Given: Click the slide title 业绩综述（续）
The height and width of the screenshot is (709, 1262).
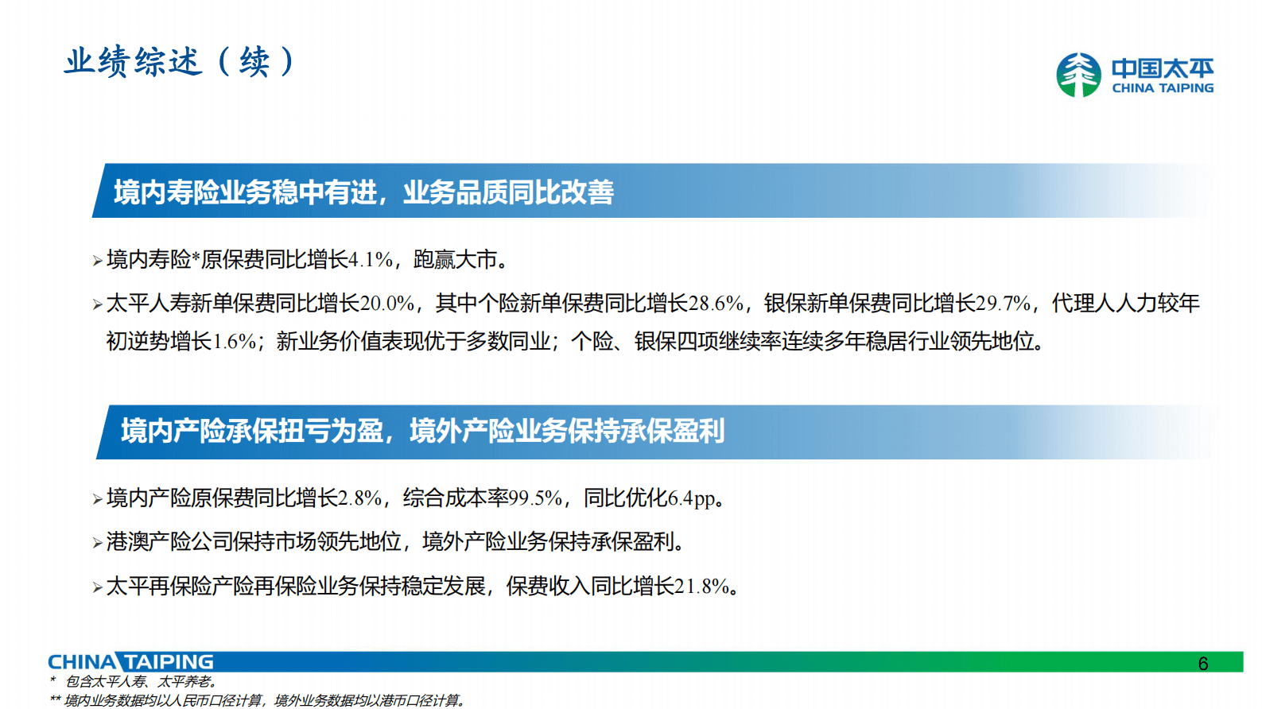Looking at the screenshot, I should [180, 61].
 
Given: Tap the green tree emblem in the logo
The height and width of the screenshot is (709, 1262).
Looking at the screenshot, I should [1078, 75].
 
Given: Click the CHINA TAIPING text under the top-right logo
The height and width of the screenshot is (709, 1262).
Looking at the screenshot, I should [1162, 88].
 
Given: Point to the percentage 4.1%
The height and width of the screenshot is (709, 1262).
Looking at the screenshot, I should [371, 260].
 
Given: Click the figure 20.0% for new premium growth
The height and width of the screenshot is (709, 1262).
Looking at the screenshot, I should [387, 304].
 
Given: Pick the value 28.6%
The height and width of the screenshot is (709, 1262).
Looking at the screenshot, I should [716, 304].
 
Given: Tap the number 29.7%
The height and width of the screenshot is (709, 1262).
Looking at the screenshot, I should [1003, 304].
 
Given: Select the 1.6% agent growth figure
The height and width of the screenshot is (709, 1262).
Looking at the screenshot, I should [235, 342].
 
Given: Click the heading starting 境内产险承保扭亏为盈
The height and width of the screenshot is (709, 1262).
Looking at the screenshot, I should [422, 431].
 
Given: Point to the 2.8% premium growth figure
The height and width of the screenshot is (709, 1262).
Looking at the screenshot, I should [360, 498].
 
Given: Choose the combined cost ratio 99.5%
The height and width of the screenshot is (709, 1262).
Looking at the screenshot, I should [536, 498].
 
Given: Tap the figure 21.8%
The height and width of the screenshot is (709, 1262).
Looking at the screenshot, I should [702, 587].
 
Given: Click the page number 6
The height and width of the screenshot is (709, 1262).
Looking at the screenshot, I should [1202, 664].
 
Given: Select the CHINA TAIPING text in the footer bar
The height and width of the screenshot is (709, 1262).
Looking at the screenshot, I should [130, 662].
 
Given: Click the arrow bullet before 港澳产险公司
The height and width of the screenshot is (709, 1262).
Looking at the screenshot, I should [97, 543].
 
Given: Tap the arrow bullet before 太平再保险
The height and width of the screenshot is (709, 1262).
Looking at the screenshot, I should [97, 587].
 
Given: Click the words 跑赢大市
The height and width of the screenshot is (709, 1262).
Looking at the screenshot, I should [456, 260].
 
